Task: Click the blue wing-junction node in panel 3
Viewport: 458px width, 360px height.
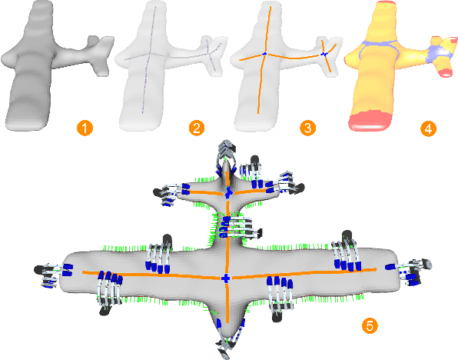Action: [264, 54]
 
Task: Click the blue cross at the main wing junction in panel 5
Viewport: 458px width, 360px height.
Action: [225, 277]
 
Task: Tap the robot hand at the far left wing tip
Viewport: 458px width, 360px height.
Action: [50, 271]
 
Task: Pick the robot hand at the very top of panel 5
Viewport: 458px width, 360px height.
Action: [226, 151]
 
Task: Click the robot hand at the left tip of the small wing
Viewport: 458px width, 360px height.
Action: [171, 192]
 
